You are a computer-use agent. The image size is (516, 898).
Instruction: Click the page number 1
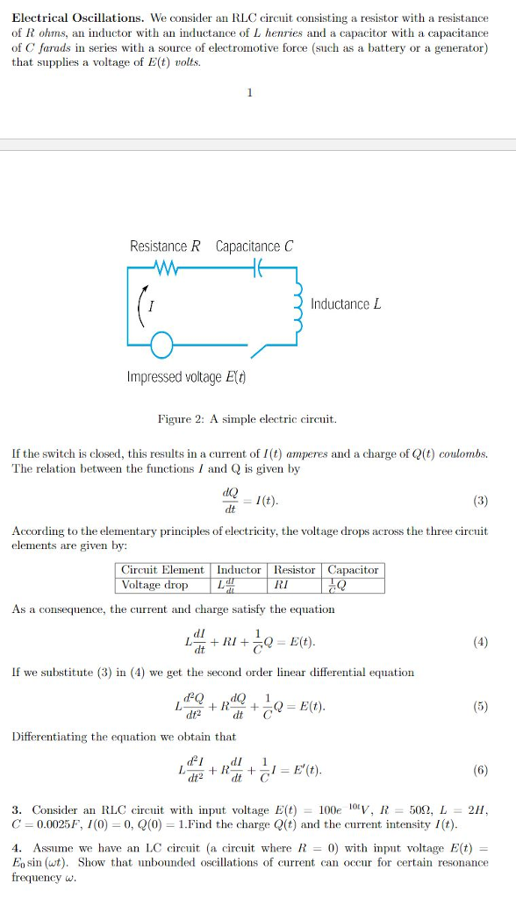click(250, 94)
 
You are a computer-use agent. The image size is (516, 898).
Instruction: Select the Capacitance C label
click(254, 246)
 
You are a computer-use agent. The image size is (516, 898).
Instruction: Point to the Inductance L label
click(346, 304)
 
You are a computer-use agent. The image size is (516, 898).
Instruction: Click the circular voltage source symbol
click(161, 347)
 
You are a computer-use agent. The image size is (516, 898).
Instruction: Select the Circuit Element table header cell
click(162, 570)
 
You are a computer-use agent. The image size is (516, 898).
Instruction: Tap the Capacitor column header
click(353, 570)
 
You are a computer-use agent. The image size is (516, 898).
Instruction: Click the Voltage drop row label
click(154, 585)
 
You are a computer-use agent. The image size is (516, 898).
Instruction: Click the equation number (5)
click(479, 706)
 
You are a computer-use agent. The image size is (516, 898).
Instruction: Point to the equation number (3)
click(479, 502)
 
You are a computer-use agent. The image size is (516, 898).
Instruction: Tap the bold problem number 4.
click(17, 849)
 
